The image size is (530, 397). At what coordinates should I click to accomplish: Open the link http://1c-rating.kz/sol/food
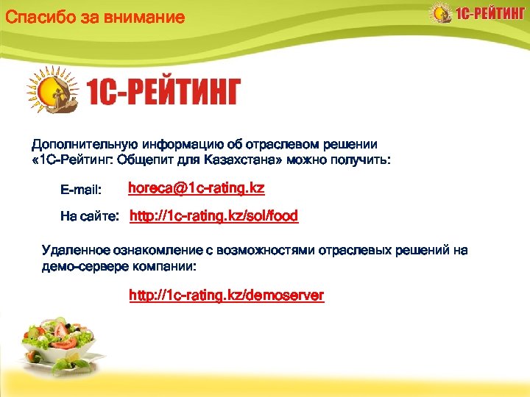[213, 216]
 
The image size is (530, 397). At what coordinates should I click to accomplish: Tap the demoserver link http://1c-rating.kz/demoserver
[226, 296]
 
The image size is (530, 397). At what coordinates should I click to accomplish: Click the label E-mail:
[80, 190]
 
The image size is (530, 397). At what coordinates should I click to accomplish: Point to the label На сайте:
[89, 217]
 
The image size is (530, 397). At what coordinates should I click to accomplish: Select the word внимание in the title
[144, 16]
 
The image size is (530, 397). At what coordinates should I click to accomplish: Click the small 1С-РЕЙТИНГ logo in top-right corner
[478, 15]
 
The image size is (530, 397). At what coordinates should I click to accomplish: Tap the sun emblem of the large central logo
[53, 92]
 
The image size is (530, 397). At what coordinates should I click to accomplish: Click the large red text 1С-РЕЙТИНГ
[163, 92]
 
